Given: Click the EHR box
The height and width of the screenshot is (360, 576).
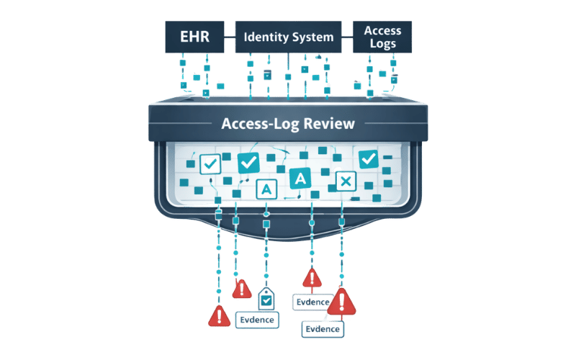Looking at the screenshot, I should [x=195, y=37].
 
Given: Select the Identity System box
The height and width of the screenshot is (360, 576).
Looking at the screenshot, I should [x=288, y=37].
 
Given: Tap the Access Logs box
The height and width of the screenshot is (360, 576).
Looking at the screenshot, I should [x=382, y=37].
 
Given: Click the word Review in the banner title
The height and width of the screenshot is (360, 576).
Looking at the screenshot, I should [x=328, y=123].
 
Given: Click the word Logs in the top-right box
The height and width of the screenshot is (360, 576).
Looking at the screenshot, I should [x=382, y=45].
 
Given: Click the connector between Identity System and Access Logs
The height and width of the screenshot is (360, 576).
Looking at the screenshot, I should [x=347, y=37].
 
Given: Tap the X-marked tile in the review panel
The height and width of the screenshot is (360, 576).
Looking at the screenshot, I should [x=346, y=181].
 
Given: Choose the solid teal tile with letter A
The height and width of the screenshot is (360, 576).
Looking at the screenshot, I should [x=299, y=178].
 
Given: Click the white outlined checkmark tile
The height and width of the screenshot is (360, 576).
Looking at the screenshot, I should [x=210, y=163].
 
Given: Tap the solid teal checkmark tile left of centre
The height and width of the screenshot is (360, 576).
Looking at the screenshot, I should [x=248, y=163].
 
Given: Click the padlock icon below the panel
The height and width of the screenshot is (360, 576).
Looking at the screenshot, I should [x=266, y=295].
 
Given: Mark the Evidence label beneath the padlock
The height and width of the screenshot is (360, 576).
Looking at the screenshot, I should [x=256, y=320].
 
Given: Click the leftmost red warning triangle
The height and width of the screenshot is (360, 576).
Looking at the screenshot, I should [x=218, y=315].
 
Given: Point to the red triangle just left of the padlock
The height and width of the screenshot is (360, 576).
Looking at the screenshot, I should [x=240, y=289].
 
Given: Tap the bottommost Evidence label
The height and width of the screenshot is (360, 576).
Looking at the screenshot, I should [x=323, y=329].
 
